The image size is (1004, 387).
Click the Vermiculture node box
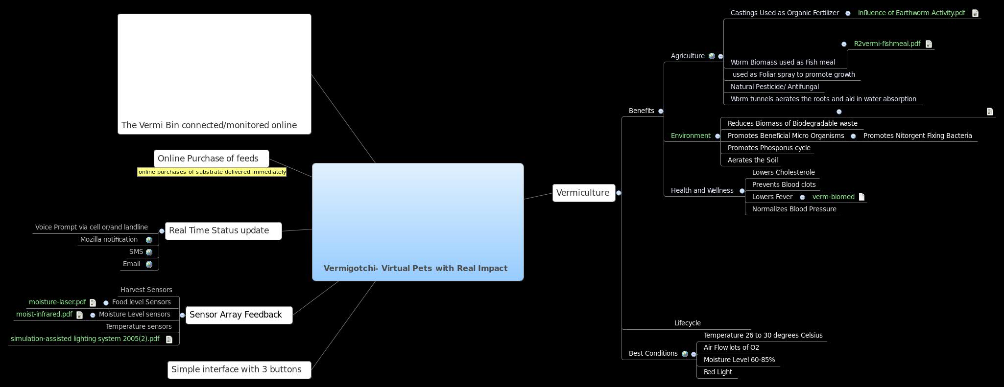pos(583,193)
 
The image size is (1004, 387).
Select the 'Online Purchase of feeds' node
pos(211,159)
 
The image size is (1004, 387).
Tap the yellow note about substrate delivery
pos(212,172)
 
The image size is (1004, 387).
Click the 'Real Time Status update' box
pos(223,231)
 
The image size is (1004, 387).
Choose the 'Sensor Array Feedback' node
pos(239,315)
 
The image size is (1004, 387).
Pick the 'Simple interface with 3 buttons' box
pos(239,370)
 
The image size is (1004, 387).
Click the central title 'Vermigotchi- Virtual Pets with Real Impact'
pos(415,268)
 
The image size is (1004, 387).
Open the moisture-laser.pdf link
pos(57,302)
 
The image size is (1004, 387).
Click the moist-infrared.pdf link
pos(44,315)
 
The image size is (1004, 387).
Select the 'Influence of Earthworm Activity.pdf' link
pos(911,13)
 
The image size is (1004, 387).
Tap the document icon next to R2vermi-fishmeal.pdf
pos(929,44)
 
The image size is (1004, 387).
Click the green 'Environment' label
pos(690,136)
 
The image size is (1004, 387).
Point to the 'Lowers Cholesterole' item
pos(783,173)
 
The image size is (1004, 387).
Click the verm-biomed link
pos(833,197)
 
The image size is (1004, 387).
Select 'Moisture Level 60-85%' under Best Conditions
pos(739,360)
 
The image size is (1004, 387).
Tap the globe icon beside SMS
pos(149,252)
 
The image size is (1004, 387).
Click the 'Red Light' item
pos(717,372)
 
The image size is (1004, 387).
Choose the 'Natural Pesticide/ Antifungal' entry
pos(774,87)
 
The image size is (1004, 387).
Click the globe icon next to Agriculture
pos(712,56)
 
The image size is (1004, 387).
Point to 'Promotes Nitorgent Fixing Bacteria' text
pos(917,136)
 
